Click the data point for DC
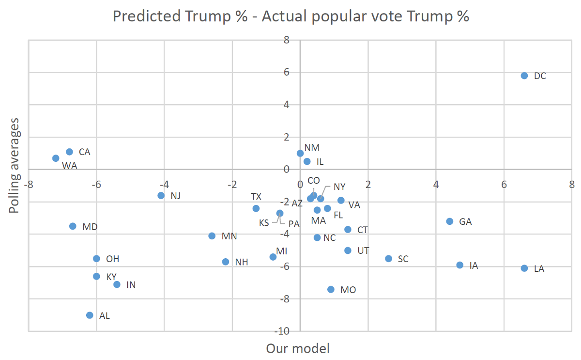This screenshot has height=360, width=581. [524, 76]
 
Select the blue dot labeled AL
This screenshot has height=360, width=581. [90, 315]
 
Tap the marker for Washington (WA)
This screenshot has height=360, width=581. [56, 158]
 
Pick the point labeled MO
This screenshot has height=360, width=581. [331, 289]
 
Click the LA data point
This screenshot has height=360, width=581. [524, 268]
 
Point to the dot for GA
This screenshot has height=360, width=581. [450, 221]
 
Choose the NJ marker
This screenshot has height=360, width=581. [161, 195]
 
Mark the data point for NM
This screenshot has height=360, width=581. [300, 153]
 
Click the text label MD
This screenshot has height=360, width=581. [90, 226]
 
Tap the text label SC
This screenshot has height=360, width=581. [403, 259]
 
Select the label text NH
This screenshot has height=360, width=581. [242, 262]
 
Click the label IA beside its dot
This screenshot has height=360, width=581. [474, 266]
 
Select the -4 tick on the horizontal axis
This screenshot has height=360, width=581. [164, 184]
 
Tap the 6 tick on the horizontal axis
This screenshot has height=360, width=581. [504, 184]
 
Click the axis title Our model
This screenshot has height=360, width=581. [298, 348]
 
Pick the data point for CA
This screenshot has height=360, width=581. [69, 152]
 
